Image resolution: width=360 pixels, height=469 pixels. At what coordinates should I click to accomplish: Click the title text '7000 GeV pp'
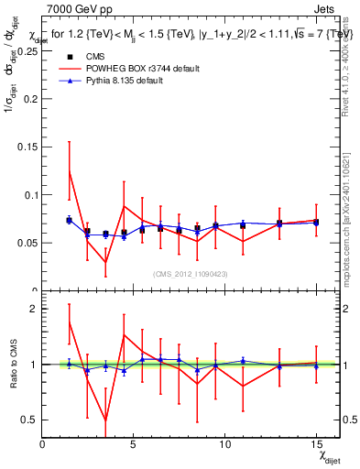pyautogui.click(x=74, y=8)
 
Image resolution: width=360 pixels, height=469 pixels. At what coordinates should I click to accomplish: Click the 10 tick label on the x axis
pyautogui.click(x=225, y=443)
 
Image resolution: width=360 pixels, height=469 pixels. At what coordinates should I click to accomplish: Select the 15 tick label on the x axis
pyautogui.click(x=316, y=443)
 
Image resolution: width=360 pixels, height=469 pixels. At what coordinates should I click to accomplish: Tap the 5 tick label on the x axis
pyautogui.click(x=134, y=443)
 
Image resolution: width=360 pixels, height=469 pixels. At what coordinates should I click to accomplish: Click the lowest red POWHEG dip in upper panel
pyautogui.click(x=105, y=262)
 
